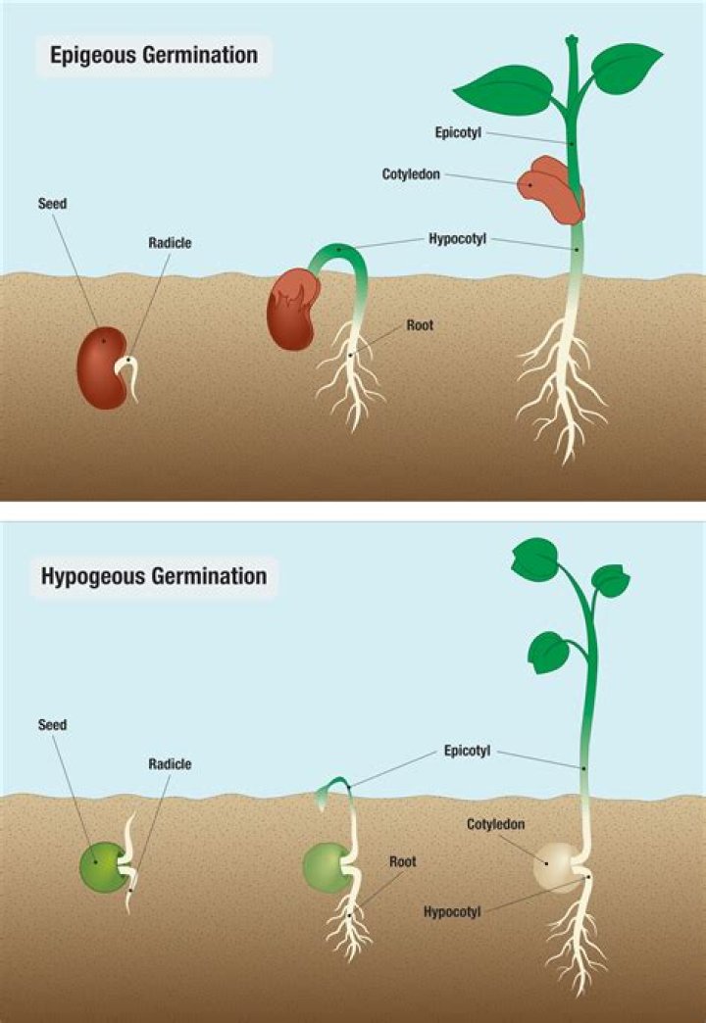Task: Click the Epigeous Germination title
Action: coord(154,56)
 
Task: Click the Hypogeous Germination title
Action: coord(154,575)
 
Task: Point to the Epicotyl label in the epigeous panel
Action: coord(457,131)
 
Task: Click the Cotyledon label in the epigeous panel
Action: coord(411,173)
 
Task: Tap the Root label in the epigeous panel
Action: coord(420,324)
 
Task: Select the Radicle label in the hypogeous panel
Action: coord(170,764)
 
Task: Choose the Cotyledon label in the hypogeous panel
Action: coord(495,824)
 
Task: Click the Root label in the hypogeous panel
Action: coord(402,861)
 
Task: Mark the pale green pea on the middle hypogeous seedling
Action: coord(324,866)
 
